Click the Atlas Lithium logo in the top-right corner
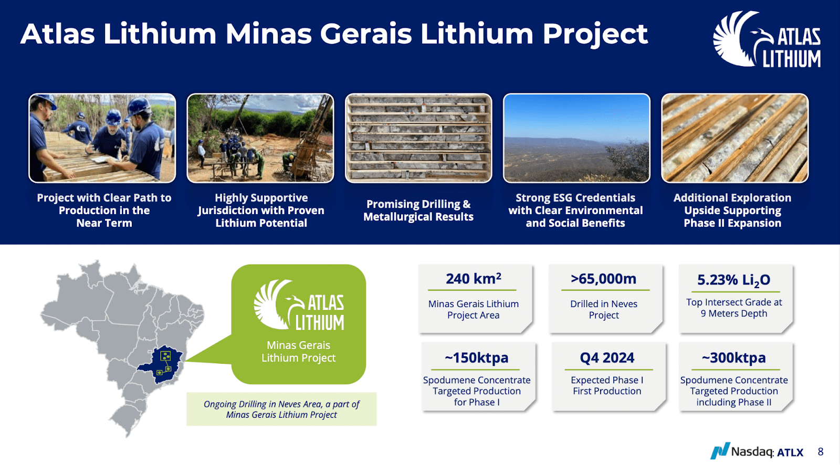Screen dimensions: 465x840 766,39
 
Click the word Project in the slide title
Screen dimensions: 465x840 595,34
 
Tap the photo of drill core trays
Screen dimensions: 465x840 418,138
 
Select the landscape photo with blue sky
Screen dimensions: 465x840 576,138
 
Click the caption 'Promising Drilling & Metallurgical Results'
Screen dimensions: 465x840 418,210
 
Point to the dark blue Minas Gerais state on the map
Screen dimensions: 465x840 164,362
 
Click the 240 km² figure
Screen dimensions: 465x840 473,279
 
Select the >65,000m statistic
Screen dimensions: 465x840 604,279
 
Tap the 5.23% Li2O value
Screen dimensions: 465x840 733,280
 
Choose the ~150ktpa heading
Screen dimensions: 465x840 477,358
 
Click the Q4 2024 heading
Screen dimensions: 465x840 607,358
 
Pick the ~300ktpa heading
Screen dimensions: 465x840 733,358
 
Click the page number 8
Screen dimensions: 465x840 821,452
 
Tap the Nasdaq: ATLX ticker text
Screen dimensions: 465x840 767,452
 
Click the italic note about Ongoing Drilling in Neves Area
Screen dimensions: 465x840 281,409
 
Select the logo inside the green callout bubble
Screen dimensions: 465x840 299,306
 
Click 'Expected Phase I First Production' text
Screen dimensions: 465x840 607,386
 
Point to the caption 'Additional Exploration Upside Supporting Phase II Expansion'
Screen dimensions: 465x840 732,210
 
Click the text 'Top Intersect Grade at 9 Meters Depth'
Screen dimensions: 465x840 734,308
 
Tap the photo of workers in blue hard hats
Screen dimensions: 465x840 102,138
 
